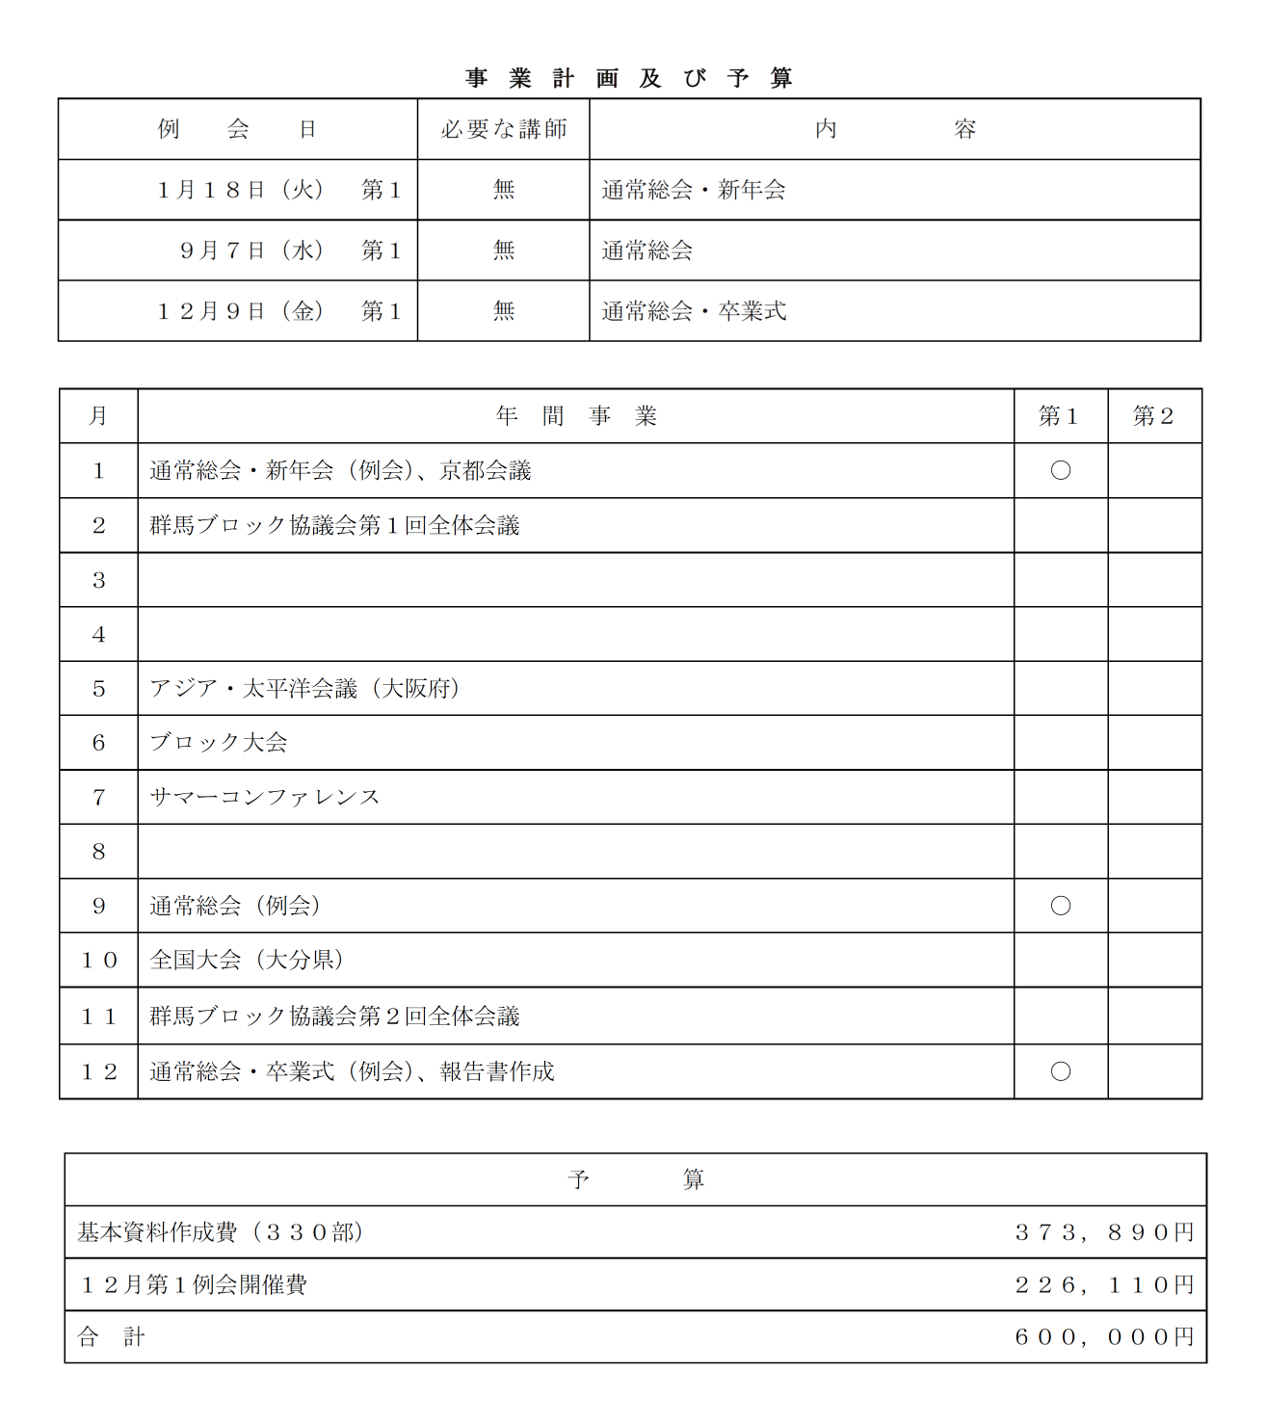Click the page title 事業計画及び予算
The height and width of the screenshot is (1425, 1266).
click(x=629, y=78)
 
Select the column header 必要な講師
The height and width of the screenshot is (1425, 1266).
click(x=503, y=129)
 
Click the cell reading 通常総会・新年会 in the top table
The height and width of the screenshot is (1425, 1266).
click(x=694, y=190)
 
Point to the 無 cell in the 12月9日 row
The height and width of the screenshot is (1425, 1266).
click(x=503, y=311)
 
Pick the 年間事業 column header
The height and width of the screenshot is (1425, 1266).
click(x=575, y=416)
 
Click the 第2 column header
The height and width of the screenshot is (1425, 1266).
click(x=1153, y=416)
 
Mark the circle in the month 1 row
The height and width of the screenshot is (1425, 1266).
click(x=1060, y=470)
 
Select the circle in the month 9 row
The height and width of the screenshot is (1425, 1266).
click(x=1060, y=906)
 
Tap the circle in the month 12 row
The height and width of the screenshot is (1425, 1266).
click(x=1060, y=1071)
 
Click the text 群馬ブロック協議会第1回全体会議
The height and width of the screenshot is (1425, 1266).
click(x=334, y=525)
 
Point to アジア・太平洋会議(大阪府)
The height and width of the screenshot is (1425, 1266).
click(x=304, y=688)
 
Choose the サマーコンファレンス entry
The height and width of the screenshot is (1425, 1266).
click(x=265, y=797)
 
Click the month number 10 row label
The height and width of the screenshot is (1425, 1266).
click(x=98, y=960)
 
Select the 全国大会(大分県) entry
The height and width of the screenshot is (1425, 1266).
click(x=247, y=960)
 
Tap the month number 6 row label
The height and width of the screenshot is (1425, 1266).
click(x=98, y=743)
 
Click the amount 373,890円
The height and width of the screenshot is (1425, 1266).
click(x=1104, y=1232)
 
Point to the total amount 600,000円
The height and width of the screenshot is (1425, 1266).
click(x=1104, y=1337)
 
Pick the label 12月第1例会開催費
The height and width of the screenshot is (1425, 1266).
click(x=193, y=1284)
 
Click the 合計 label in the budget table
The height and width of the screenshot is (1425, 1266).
click(x=111, y=1337)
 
